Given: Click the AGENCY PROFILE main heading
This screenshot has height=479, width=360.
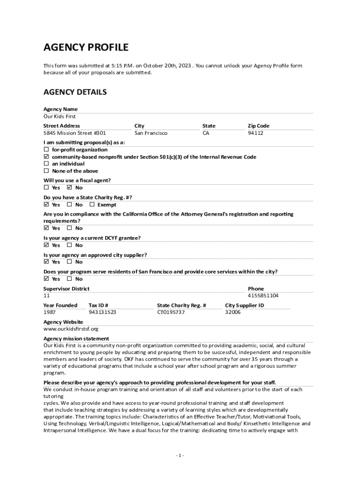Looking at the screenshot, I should (x=86, y=47).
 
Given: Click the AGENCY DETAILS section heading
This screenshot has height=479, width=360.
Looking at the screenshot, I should (x=75, y=92).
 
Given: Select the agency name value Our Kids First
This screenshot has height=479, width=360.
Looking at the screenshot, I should (x=59, y=116).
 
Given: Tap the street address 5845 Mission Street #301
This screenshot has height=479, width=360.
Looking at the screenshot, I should (x=74, y=133).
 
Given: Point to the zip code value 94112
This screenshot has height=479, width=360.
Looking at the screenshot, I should (x=255, y=133).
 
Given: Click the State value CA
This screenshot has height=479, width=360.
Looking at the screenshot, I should (x=206, y=133).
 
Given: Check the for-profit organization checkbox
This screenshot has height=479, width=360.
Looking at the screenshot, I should (x=46, y=150).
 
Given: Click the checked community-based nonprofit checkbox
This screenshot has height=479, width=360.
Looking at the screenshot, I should (x=46, y=157).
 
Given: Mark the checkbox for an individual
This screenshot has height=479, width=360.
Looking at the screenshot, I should (x=46, y=164).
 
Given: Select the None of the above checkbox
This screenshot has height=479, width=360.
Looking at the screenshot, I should (x=46, y=171).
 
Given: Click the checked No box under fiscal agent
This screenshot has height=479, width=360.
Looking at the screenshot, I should (x=69, y=188).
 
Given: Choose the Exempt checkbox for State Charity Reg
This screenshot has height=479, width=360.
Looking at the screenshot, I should (x=92, y=204).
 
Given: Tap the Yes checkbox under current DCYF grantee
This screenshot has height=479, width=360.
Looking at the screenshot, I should (x=46, y=245).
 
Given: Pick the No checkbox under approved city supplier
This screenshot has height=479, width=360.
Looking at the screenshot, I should (x=69, y=261).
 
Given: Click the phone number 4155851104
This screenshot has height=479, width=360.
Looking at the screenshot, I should (x=263, y=296).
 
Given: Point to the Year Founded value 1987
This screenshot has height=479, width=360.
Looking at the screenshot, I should (x=50, y=312).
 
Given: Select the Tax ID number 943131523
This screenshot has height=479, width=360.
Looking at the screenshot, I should (x=102, y=312).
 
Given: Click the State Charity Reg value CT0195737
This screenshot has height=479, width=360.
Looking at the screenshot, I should (x=171, y=312).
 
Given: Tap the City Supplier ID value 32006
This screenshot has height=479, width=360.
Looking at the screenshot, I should (x=233, y=312).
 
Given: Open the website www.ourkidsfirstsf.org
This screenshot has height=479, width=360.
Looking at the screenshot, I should (x=71, y=329).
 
